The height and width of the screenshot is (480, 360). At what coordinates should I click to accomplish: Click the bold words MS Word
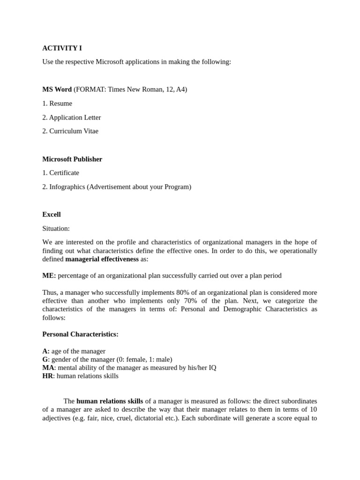[x=57, y=89]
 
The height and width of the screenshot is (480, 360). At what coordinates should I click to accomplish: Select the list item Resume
[x=60, y=103]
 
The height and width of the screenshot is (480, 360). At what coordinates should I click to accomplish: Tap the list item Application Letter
[x=75, y=117]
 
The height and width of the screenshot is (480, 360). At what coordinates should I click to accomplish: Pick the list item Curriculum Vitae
[x=74, y=131]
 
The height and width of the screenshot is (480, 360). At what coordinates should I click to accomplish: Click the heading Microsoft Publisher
[x=72, y=159]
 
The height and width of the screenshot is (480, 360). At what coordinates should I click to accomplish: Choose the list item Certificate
[x=64, y=172]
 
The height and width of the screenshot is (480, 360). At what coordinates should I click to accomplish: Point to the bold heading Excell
[x=52, y=214]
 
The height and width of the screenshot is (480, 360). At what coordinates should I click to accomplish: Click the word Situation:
[x=56, y=228]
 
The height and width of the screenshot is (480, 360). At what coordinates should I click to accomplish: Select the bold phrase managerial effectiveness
[x=102, y=259]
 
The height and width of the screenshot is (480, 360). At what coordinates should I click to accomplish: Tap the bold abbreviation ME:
[x=49, y=276]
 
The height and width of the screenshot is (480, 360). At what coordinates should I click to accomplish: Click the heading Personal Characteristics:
[x=80, y=334]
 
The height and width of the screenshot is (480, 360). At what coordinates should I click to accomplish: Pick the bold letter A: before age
[x=45, y=351]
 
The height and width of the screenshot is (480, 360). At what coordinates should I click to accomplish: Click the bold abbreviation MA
[x=48, y=367]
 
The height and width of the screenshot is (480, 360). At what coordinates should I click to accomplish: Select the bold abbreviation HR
[x=47, y=376]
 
